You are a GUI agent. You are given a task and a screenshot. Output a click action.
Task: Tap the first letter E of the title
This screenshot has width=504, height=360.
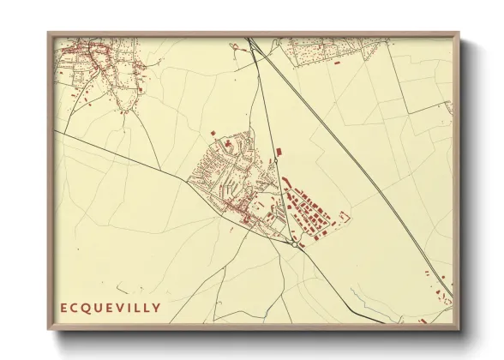pos(63,307)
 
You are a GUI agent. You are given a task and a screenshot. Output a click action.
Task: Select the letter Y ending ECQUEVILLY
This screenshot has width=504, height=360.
pos(155,307)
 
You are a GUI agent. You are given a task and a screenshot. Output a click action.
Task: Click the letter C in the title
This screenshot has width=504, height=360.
pos(75,307)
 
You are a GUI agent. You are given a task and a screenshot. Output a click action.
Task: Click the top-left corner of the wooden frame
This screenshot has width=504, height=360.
pos(48,33)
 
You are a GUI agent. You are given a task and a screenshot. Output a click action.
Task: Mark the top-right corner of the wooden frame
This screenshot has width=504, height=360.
pos(459,33)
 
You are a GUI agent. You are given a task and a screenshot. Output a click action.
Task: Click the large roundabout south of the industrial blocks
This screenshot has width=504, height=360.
pos(294,244)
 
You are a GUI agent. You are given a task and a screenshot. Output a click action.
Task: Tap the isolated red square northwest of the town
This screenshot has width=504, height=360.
pos(213,133)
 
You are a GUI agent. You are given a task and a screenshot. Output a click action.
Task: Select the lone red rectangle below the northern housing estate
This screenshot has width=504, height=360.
pos(336,62)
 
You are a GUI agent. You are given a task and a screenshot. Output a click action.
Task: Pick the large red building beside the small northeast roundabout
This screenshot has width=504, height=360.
pos(286,181)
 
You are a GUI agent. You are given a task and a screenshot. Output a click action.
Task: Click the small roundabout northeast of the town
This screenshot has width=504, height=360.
pos(278,154)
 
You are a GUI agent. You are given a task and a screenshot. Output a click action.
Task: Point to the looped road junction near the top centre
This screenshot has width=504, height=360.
pos(238,48)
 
